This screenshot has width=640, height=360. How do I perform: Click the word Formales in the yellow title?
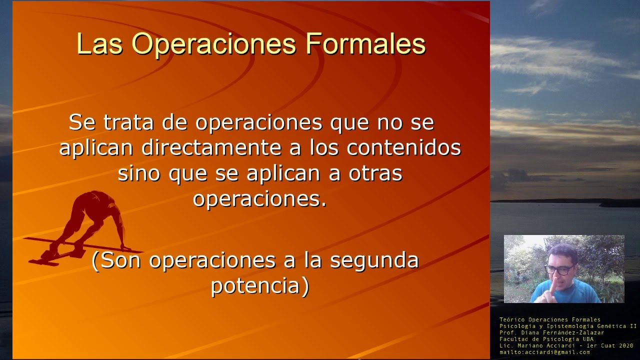coord(365,44)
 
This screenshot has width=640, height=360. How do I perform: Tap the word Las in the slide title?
coord(99,44)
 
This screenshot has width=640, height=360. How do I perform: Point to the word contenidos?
coord(404,147)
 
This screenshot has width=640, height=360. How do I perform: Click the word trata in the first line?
coord(130,122)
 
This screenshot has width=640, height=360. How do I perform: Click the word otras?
coord(375,173)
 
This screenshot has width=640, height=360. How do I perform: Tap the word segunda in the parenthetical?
coord(374,260)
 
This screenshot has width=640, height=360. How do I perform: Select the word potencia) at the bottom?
coord(260,286)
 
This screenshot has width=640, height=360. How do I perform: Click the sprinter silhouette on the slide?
coord(92,220)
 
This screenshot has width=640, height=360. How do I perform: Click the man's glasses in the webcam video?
coord(558,270)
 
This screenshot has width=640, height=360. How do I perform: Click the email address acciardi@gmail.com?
coord(558,352)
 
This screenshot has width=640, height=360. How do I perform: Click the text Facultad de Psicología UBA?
coord(546,339)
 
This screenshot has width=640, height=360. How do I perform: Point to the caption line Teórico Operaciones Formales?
coord(550,319)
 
